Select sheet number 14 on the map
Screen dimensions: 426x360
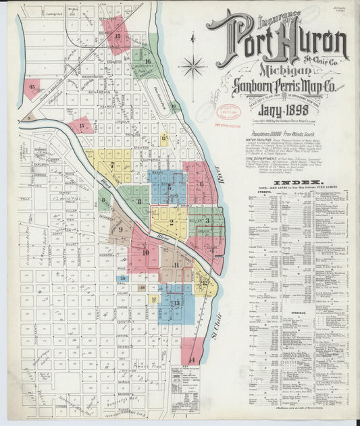(x=192, y=359)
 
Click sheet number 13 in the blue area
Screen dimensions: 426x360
(x=176, y=303)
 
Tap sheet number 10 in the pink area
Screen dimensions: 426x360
(x=145, y=253)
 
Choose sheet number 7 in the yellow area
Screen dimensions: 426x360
(x=112, y=165)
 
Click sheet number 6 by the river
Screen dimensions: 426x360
(x=201, y=184)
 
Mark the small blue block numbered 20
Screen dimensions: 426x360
(x=123, y=278)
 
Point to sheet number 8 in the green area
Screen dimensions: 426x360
(x=139, y=201)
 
